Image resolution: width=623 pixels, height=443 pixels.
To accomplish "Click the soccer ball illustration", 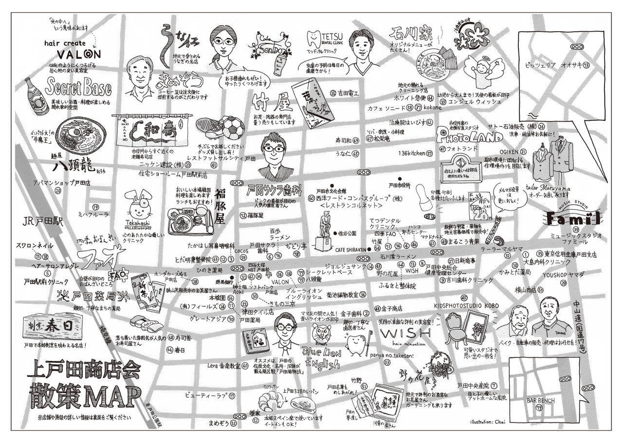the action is (234, 128).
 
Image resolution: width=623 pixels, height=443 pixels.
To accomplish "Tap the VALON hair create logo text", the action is (78, 53).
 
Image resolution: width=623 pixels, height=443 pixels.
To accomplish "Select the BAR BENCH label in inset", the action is (541, 400).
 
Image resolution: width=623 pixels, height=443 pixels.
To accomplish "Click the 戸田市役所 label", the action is (399, 185).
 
